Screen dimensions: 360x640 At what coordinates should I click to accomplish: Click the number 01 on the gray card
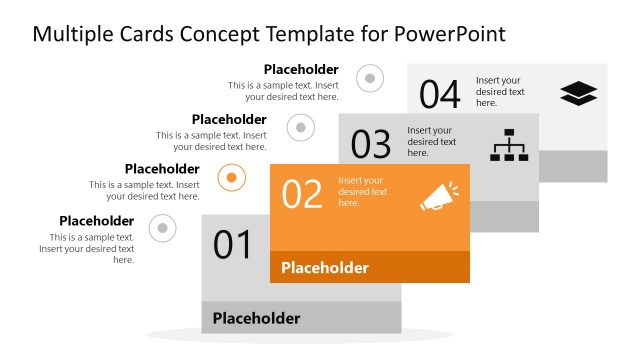pyautogui.click(x=232, y=245)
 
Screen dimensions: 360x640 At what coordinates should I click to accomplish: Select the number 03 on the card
pyautogui.click(x=370, y=145)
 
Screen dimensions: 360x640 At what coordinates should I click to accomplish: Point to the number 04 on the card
pyautogui.click(x=439, y=94)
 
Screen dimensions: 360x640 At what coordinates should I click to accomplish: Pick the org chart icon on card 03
pyautogui.click(x=508, y=146)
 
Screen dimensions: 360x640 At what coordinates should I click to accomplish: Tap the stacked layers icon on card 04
pyautogui.click(x=578, y=93)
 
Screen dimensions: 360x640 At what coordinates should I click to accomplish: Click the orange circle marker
pyautogui.click(x=231, y=178)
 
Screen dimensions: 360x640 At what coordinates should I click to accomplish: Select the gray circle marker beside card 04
pyautogui.click(x=370, y=77)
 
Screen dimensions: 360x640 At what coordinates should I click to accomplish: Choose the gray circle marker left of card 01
pyautogui.click(x=162, y=229)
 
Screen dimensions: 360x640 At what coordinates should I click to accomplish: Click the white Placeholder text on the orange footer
pyautogui.click(x=324, y=268)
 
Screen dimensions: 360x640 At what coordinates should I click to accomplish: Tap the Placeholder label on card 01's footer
pyautogui.click(x=256, y=319)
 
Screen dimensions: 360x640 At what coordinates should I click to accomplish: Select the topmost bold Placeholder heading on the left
pyautogui.click(x=301, y=69)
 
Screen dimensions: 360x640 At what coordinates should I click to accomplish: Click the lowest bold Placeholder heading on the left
pyautogui.click(x=96, y=221)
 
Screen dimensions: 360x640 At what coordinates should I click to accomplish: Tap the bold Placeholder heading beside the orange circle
pyautogui.click(x=162, y=169)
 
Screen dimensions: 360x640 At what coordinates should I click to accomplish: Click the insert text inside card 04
pyautogui.click(x=500, y=91)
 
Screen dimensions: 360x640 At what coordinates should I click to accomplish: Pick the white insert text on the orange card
pyautogui.click(x=363, y=191)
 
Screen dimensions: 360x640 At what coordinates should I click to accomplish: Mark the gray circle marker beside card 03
pyautogui.click(x=301, y=127)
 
